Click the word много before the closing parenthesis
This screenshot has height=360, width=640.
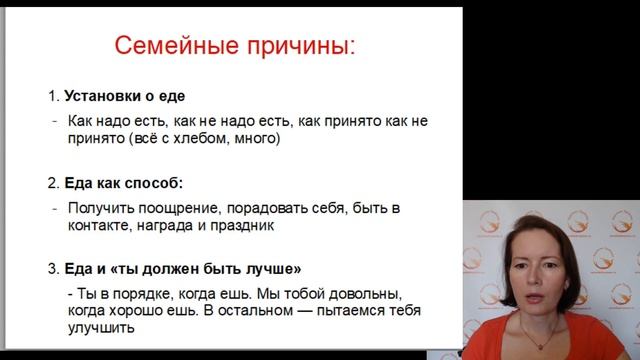coord(259,140)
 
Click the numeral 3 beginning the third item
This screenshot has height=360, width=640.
coord(52,269)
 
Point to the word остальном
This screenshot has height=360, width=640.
coord(273,311)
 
